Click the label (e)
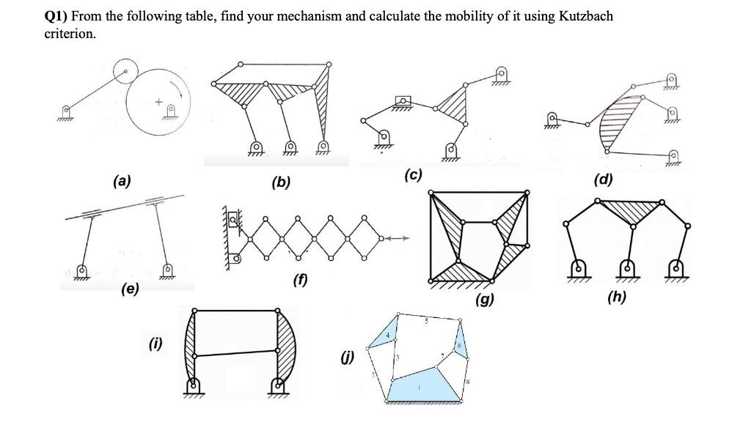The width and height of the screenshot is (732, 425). [130, 289]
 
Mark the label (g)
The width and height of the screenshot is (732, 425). [484, 298]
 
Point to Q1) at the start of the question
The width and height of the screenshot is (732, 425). [59, 15]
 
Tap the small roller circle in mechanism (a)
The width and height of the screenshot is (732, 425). [126, 71]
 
